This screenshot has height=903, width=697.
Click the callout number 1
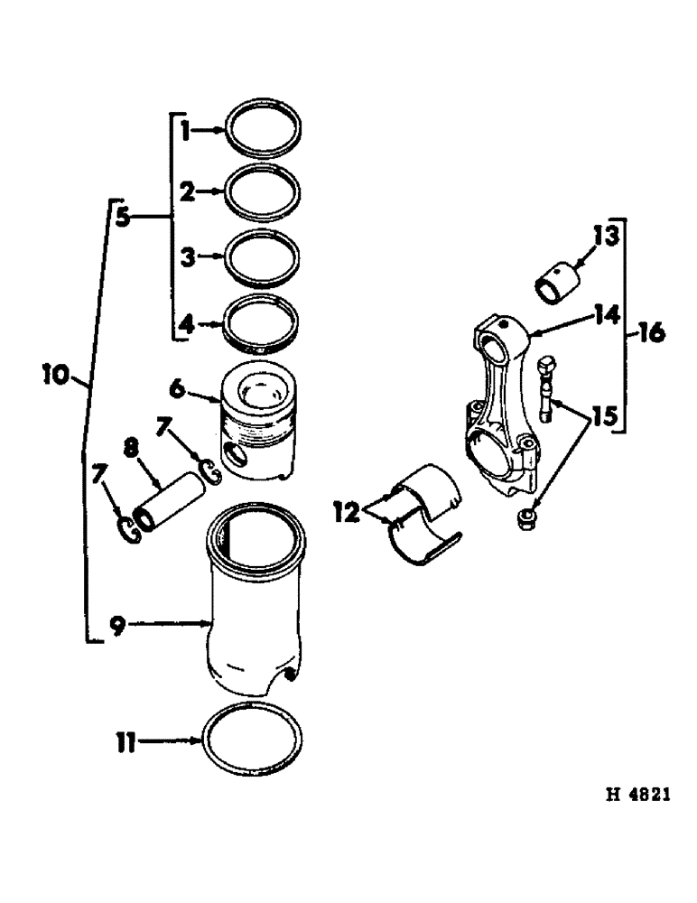click(183, 132)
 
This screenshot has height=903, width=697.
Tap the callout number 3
click(186, 256)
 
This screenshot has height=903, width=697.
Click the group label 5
click(124, 218)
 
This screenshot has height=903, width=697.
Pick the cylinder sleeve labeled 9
click(256, 614)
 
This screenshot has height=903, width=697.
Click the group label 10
click(58, 371)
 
